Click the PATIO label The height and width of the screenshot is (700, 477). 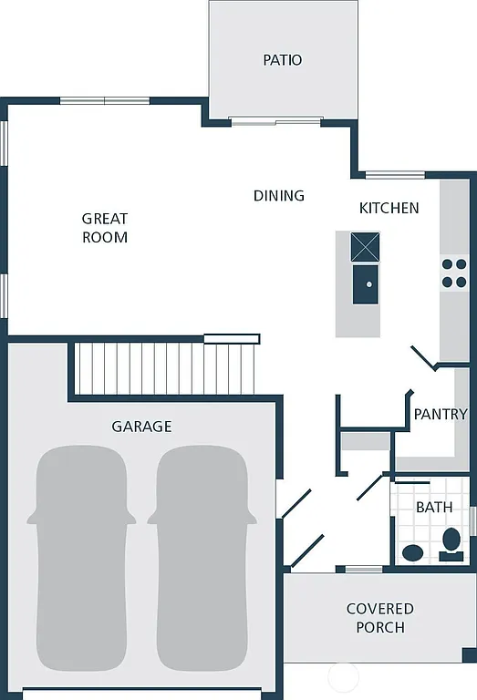[282, 60]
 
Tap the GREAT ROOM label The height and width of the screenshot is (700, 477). [105, 228]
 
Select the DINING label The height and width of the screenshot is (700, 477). [279, 196]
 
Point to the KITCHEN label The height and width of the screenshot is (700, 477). [389, 208]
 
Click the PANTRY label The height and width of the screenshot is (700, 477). [441, 414]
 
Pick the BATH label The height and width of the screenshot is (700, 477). [434, 507]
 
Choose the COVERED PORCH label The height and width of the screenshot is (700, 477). [380, 617]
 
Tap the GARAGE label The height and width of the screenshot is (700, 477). [141, 427]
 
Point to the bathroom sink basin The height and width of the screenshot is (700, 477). [413, 552]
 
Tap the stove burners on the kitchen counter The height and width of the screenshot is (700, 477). [454, 273]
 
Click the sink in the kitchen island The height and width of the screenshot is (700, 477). [366, 284]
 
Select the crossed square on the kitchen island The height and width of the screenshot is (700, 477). [366, 247]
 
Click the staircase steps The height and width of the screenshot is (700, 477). [164, 368]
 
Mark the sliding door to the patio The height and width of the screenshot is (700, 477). [275, 119]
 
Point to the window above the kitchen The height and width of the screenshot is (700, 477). [395, 174]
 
